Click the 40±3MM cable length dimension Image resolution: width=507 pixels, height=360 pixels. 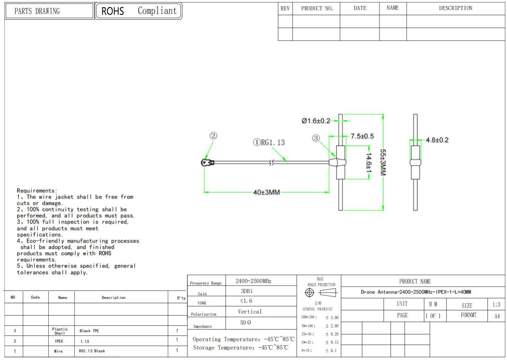coord(266,192)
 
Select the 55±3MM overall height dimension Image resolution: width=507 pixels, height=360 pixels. coord(383,162)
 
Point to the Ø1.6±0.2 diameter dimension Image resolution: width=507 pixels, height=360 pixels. coord(315,121)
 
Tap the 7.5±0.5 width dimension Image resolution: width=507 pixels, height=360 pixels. coord(362,136)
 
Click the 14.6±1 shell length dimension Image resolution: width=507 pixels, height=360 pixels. coord(369,163)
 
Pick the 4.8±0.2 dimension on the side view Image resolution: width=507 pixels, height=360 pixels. coord(437,140)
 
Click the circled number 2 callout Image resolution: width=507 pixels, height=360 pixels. coord(213,136)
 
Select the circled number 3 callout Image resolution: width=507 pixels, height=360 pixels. coord(316,138)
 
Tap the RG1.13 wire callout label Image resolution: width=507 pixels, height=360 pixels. coord(269,142)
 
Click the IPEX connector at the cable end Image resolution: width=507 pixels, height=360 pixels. coord(207,162)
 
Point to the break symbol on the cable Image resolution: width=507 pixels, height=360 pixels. coord(271,162)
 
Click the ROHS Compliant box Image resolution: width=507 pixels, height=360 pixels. coord(138,11)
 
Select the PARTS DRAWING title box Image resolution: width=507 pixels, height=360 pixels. coord(49,11)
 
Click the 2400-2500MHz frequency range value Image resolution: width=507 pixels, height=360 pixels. coord(253,281)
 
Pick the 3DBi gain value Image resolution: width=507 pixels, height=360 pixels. coord(247,291)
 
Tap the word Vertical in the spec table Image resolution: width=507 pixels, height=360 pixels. coord(250,312)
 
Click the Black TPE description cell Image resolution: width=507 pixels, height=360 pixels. coord(89,331)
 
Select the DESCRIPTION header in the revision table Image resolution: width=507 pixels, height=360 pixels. coord(455,8)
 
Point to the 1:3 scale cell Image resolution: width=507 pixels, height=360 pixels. coord(496,305)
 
